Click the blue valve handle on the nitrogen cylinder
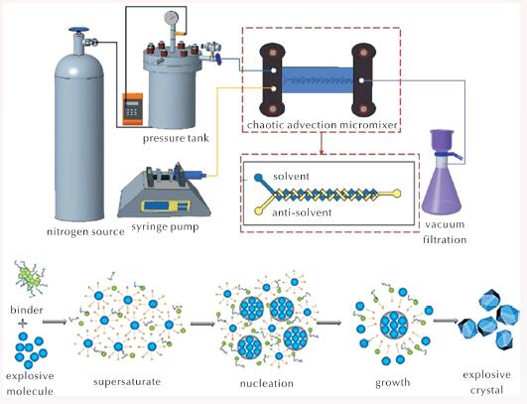click(x=78, y=30)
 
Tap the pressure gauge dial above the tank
click(x=172, y=18)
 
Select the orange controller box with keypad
click(x=132, y=108)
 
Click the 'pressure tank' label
click(x=176, y=138)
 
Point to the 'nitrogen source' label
click(x=85, y=231)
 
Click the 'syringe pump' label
click(x=165, y=227)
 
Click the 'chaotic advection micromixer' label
click(x=322, y=125)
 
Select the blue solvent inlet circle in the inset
click(x=258, y=177)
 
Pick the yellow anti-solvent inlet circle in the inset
click(x=258, y=210)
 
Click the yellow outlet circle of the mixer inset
click(x=397, y=194)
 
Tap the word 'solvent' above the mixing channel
click(x=291, y=176)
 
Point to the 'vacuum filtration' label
click(x=445, y=232)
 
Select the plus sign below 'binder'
click(x=23, y=324)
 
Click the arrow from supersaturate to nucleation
click(x=202, y=324)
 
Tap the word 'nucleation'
click(x=267, y=383)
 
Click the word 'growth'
click(x=392, y=382)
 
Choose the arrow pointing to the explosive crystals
click(x=446, y=321)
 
